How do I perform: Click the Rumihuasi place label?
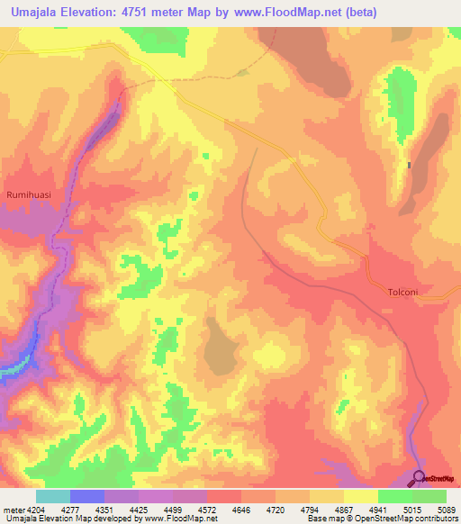tap(25, 194)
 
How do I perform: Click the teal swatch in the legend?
tap(53, 496)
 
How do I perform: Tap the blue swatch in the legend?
tap(87, 496)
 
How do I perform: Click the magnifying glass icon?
tap(420, 478)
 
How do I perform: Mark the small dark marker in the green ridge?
tap(409, 165)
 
